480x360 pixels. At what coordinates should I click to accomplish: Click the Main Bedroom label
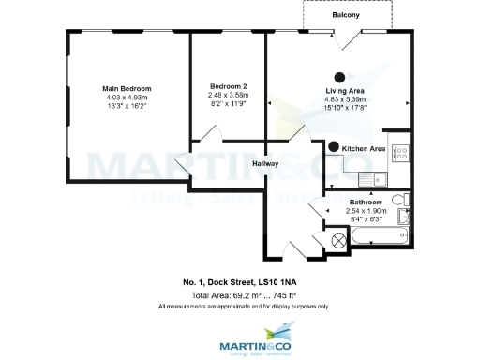pyautogui.click(x=127, y=88)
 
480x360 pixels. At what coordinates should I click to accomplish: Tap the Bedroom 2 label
pyautogui.click(x=229, y=86)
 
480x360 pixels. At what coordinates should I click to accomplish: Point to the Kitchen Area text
pyautogui.click(x=364, y=149)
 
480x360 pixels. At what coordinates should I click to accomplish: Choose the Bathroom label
pyautogui.click(x=365, y=202)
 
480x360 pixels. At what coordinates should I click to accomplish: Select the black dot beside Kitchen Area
pyautogui.click(x=334, y=147)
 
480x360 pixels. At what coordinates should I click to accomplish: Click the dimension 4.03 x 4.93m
pyautogui.click(x=127, y=97)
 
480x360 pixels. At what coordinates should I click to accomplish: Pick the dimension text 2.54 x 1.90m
pyautogui.click(x=365, y=211)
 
